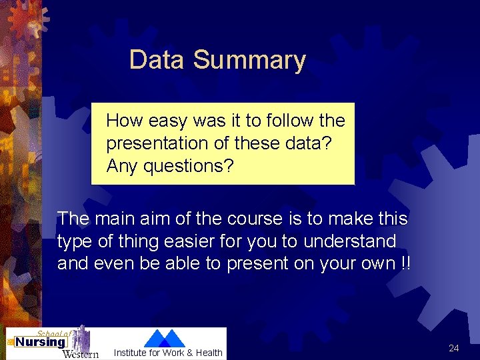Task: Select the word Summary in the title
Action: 249,61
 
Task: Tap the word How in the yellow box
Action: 125,121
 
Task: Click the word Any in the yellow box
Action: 121,166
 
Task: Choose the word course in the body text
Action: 248,219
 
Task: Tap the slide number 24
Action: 454,348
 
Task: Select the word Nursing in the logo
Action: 41,342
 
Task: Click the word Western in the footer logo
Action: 80,353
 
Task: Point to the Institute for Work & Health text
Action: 168,353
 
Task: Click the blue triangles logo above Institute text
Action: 165,338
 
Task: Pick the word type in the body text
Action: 75,241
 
